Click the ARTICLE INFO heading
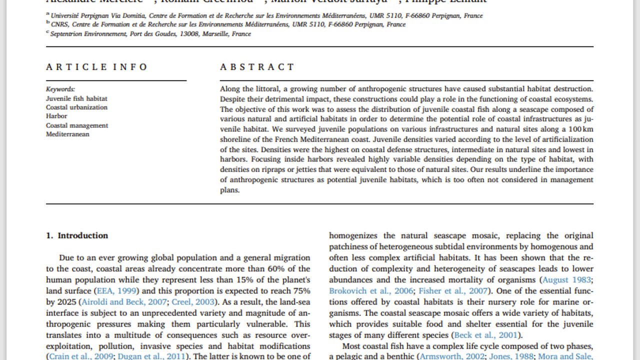(97, 67)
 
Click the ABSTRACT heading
(257, 67)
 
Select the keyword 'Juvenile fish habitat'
(76, 98)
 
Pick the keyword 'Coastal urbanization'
(76, 107)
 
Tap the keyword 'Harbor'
(56, 116)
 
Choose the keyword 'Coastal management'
(77, 125)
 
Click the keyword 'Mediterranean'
(67, 134)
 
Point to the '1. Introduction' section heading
(77, 235)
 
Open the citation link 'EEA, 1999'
(118, 290)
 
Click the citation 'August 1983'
(566, 279)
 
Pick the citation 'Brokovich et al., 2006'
(371, 290)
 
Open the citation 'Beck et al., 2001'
(486, 334)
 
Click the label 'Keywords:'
(60, 89)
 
